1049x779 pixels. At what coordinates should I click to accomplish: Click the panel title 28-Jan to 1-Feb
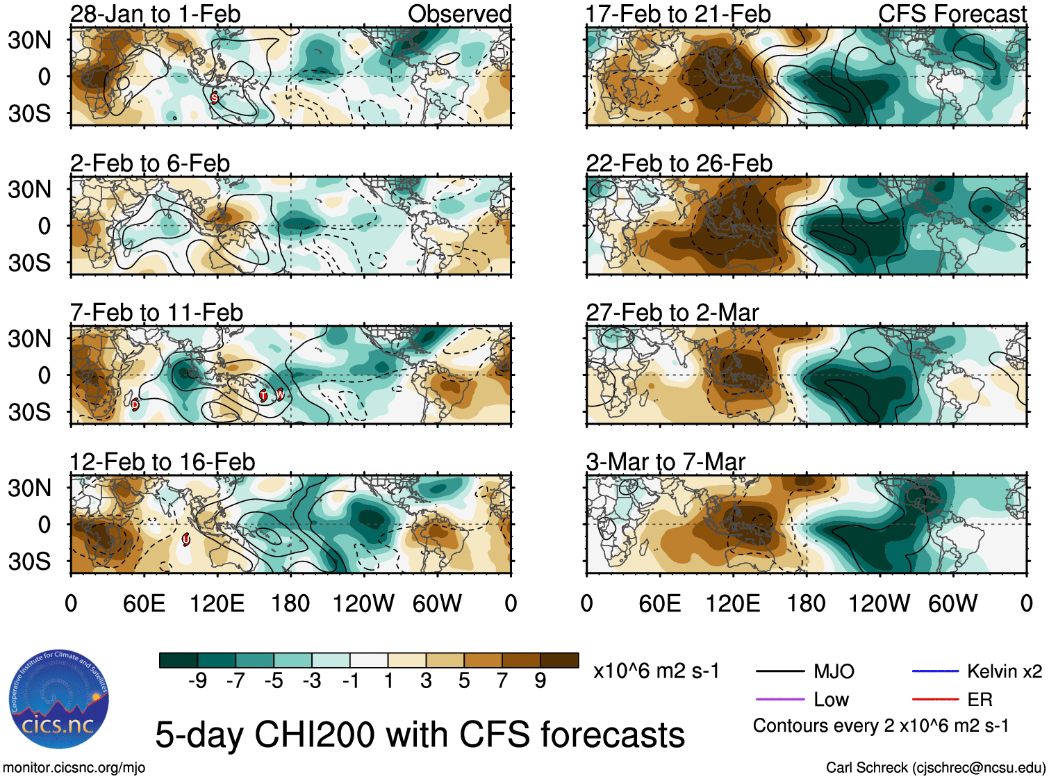point(155,14)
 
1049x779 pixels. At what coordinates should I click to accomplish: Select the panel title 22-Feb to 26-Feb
point(679,163)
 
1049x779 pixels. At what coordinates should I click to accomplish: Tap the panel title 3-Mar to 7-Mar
point(666,462)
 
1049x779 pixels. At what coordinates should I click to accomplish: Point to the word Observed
point(459,14)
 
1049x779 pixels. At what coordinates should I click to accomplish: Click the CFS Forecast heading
point(952,14)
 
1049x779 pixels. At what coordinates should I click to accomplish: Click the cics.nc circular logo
point(59,699)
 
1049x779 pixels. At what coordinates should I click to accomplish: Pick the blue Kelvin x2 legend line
point(935,671)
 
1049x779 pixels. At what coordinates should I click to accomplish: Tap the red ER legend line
point(935,700)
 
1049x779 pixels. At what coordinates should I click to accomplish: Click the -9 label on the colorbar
point(197,681)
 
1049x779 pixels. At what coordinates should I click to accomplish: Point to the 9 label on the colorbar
point(540,681)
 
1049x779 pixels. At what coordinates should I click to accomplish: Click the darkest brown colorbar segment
point(559,660)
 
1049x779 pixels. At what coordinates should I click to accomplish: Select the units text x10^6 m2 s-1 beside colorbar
point(656,671)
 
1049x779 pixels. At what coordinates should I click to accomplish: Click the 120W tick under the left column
point(363,603)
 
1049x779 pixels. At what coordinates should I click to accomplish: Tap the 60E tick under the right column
point(659,603)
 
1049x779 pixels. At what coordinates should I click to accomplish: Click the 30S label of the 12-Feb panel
point(29,561)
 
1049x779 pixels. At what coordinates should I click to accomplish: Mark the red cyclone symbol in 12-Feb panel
point(186,539)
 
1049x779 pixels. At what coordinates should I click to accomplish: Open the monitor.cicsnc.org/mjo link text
point(74,768)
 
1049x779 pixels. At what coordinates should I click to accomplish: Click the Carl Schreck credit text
point(935,768)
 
